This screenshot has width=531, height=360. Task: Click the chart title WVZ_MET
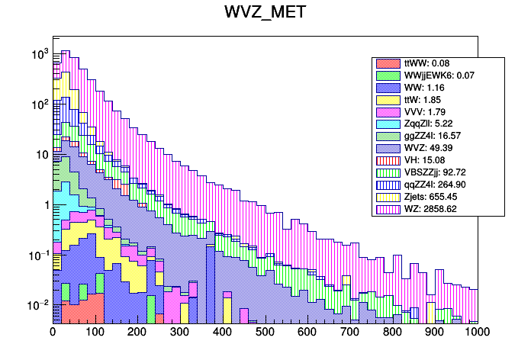click(x=265, y=13)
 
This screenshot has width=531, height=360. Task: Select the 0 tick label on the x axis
click(x=53, y=333)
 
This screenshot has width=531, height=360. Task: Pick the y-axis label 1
click(x=45, y=204)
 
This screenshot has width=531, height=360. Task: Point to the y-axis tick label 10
click(x=42, y=155)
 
